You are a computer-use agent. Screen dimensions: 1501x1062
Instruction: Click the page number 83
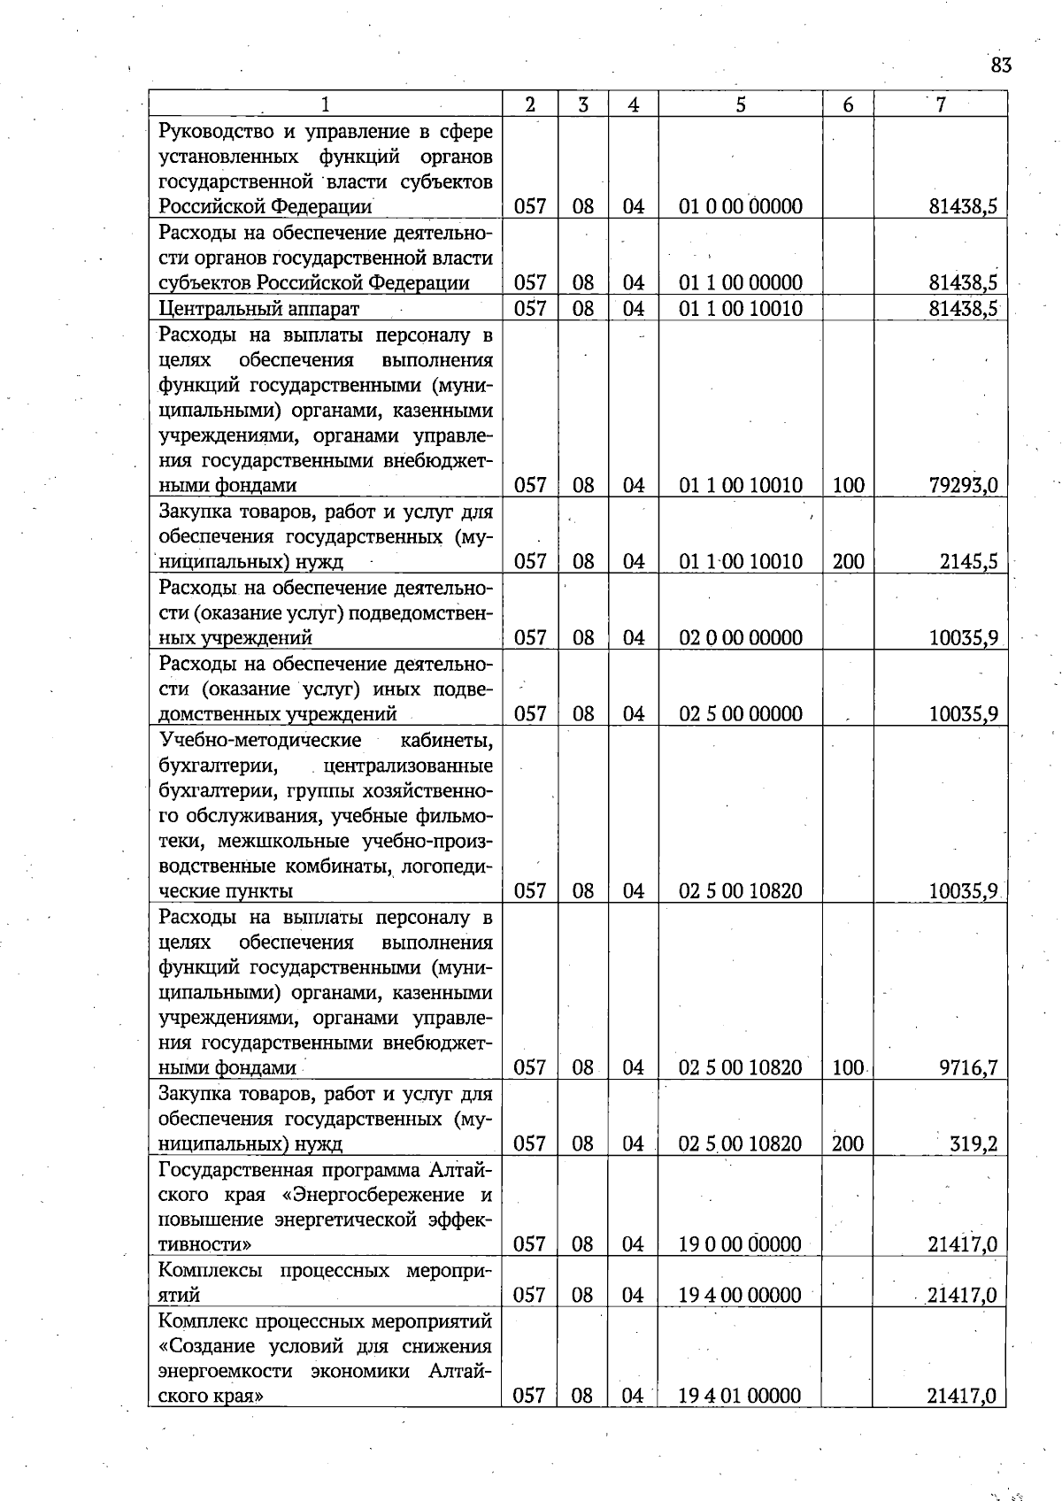pos(1001,65)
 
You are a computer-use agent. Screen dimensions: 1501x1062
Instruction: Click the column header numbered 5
pos(740,104)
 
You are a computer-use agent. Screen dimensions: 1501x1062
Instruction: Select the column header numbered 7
pos(941,104)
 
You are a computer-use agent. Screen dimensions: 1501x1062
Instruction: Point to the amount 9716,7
pos(968,1067)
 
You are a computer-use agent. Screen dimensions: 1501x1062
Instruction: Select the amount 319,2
pos(973,1143)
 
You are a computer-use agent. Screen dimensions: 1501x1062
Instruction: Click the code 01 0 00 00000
pos(741,207)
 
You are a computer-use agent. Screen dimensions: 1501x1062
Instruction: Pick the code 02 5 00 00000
pos(741,713)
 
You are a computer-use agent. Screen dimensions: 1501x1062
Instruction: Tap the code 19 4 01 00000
pos(740,1396)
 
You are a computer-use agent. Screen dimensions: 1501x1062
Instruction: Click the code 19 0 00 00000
pos(740,1244)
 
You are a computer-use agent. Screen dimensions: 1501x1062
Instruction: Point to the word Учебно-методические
pos(260,739)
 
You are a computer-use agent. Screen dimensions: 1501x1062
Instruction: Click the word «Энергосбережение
pos(376,1195)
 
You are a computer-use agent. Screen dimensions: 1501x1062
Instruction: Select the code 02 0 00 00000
pos(741,637)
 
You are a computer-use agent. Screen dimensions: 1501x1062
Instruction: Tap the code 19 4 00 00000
pos(740,1295)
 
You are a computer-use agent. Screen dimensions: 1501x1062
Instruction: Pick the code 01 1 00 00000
pos(741,283)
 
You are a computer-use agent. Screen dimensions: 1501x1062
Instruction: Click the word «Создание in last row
pos(203,1345)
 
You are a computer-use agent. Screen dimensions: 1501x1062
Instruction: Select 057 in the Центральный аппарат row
pos(530,309)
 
